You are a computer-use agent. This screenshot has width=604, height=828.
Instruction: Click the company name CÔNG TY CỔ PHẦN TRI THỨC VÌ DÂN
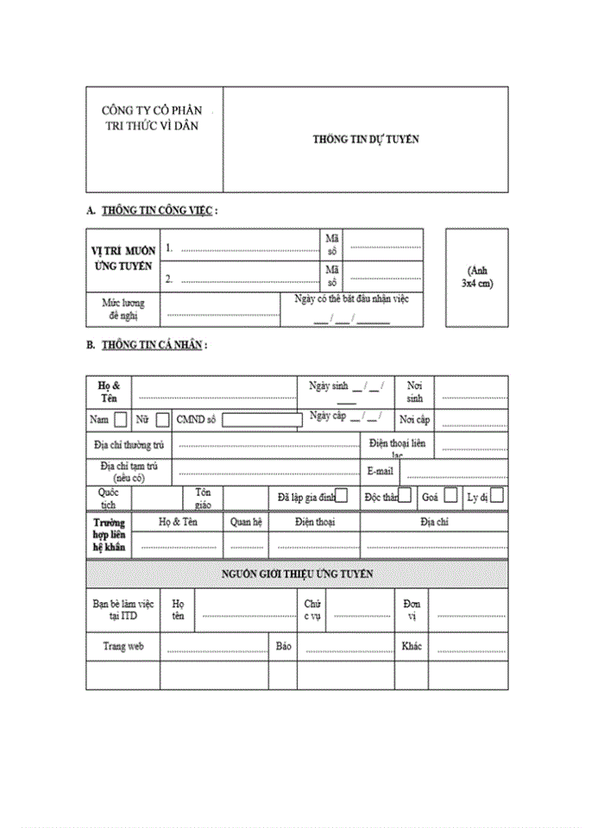pyautogui.click(x=151, y=118)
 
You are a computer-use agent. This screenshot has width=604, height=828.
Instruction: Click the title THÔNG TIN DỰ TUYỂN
pyautogui.click(x=366, y=139)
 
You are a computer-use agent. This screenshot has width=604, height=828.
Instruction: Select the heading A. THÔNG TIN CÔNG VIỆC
pyautogui.click(x=152, y=210)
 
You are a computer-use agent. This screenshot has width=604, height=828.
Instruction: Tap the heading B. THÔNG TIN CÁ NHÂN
pyautogui.click(x=148, y=345)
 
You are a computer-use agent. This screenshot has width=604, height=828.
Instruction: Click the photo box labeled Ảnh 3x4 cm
pyautogui.click(x=476, y=277)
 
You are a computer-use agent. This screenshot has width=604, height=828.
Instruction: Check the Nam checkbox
pyautogui.click(x=120, y=420)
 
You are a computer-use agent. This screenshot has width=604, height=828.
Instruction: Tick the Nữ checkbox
pyautogui.click(x=162, y=420)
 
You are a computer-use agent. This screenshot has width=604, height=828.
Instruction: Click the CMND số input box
pyautogui.click(x=261, y=420)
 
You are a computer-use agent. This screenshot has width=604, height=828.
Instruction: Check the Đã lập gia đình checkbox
pyautogui.click(x=342, y=496)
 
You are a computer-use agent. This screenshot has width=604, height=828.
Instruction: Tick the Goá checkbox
pyautogui.click(x=450, y=496)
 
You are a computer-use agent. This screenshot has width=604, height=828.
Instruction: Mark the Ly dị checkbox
pyautogui.click(x=497, y=496)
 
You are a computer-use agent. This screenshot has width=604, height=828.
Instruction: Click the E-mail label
pyautogui.click(x=380, y=472)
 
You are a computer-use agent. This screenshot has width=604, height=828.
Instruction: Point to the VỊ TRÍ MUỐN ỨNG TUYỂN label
pyautogui.click(x=123, y=258)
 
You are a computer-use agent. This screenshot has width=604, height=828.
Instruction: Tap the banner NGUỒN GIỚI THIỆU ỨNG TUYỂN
pyautogui.click(x=297, y=574)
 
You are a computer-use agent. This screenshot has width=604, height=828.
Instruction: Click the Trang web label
pyautogui.click(x=123, y=646)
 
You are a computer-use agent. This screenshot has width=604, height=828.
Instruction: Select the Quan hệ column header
pyautogui.click(x=246, y=522)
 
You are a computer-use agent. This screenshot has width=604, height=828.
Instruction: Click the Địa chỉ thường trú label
pyautogui.click(x=129, y=445)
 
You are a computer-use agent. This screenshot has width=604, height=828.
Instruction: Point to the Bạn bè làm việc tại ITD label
pyautogui.click(x=123, y=610)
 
